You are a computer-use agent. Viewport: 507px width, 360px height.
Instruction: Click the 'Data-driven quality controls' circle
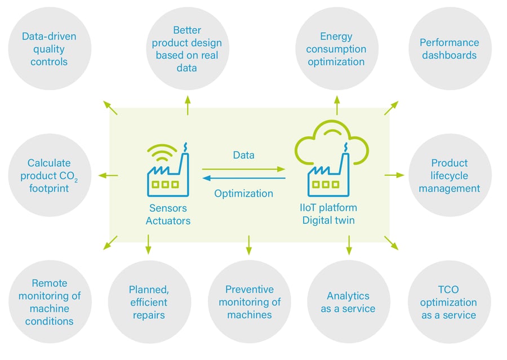click(50, 48)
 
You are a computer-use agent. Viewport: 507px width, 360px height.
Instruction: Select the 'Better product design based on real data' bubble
click(188, 48)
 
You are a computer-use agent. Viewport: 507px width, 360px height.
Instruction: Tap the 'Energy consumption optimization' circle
click(336, 48)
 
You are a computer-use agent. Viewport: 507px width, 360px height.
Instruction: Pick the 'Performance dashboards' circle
click(450, 48)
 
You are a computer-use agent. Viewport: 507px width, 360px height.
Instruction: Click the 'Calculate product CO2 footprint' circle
click(50, 175)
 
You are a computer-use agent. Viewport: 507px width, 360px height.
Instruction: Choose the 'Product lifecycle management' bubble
click(450, 175)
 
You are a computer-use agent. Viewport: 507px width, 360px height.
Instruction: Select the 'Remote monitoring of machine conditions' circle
click(50, 302)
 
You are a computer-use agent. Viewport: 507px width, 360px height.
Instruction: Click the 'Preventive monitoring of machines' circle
click(249, 302)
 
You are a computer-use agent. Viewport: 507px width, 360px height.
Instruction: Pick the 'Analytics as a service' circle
click(348, 302)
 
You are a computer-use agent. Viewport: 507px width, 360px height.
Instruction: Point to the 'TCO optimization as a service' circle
click(449, 302)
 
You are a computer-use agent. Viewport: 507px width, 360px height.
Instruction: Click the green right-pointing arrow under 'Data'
click(243, 168)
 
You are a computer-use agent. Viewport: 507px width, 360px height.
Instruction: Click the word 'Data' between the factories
click(243, 155)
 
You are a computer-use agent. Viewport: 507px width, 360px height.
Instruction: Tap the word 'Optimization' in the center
click(243, 193)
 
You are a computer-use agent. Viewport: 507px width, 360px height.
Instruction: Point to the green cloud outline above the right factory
click(331, 138)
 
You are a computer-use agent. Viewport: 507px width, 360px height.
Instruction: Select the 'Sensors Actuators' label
click(168, 214)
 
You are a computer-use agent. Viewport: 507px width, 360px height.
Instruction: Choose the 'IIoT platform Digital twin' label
click(328, 214)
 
